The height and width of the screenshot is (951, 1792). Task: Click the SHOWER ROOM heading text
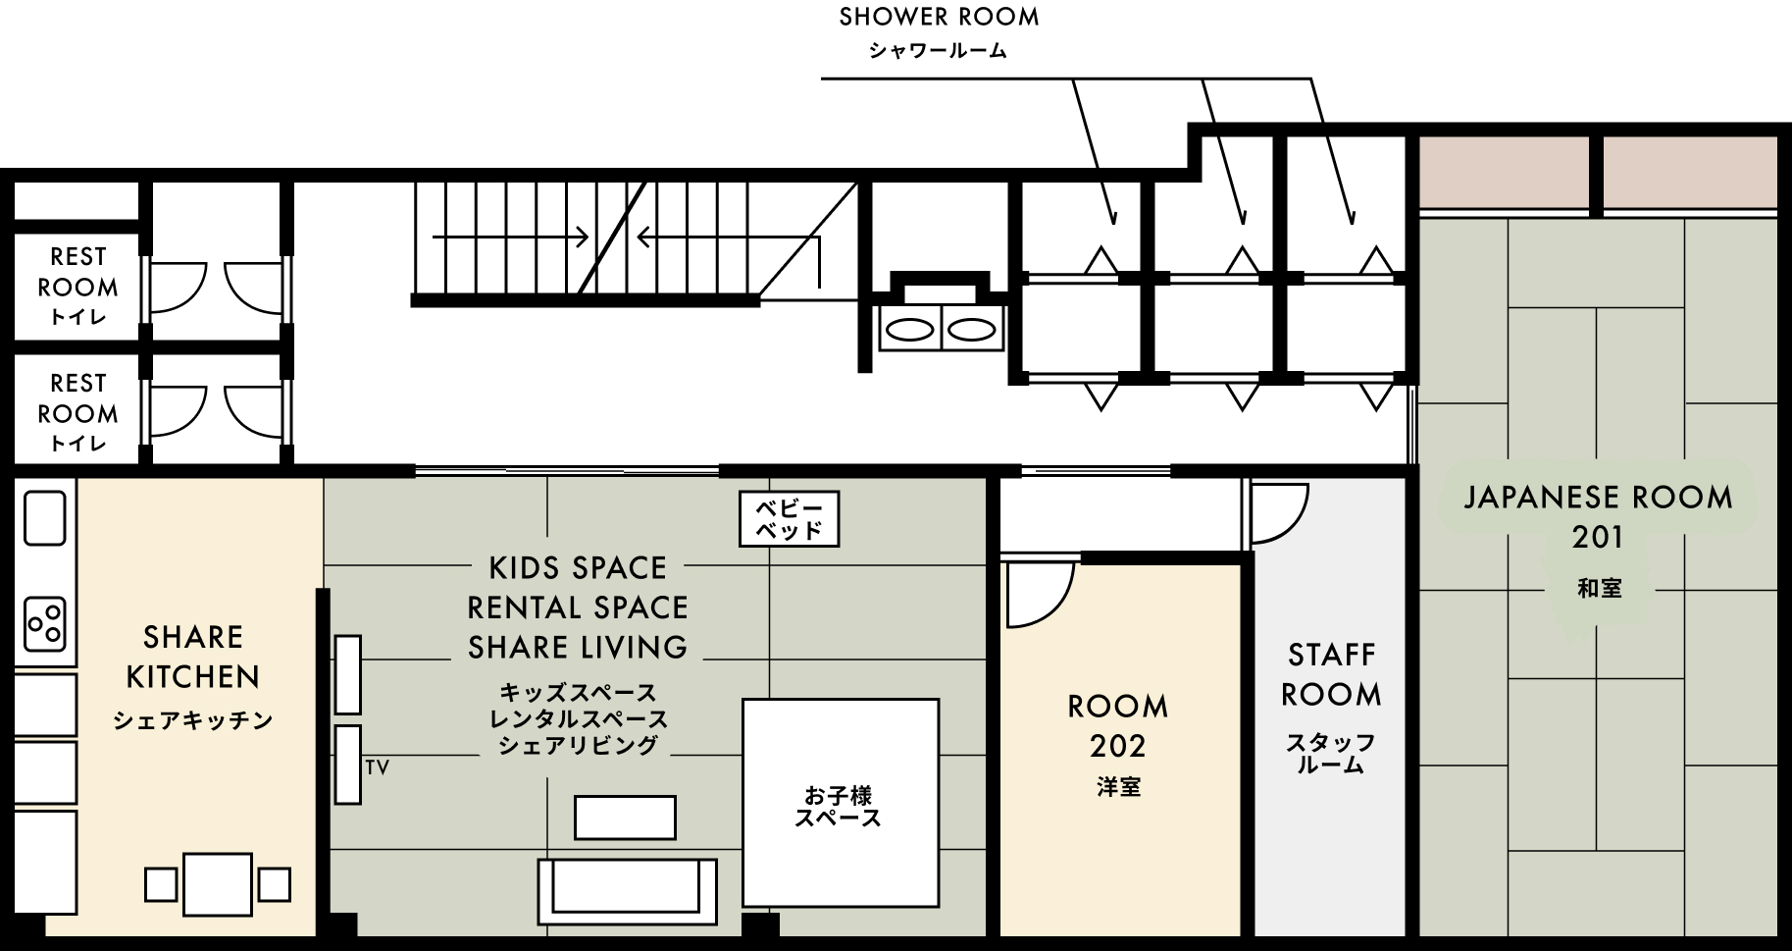(939, 18)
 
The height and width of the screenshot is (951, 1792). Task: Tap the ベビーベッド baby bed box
(789, 519)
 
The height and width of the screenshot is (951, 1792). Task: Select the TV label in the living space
(378, 767)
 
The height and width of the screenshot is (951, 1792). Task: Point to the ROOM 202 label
(1117, 726)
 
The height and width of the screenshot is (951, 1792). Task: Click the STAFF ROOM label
(1331, 675)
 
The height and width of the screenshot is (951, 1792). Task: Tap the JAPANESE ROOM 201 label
(1598, 517)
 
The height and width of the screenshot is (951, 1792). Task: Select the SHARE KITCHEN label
(193, 658)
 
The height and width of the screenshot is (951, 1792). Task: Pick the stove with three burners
(44, 622)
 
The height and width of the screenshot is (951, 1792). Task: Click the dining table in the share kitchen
(218, 884)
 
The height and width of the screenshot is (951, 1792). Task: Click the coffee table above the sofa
(625, 818)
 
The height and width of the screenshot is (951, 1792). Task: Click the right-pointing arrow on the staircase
(510, 238)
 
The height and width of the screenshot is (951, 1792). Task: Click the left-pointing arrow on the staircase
(726, 238)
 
